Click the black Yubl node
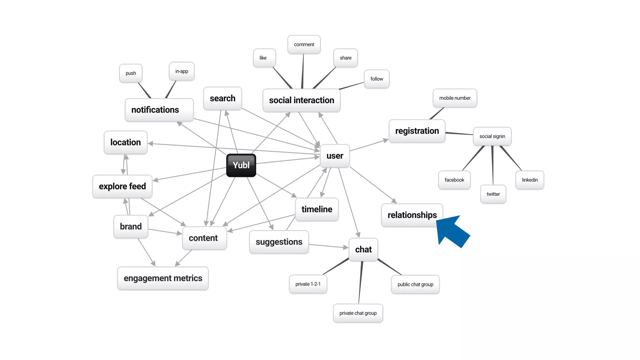(241, 165)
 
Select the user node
(335, 156)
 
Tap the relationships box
(412, 215)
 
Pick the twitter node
(493, 194)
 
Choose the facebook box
(454, 180)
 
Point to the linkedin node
(530, 180)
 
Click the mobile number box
(455, 98)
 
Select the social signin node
(492, 136)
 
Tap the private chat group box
(358, 313)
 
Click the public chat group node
(415, 284)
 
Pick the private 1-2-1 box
(308, 284)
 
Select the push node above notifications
(131, 73)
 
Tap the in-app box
(182, 71)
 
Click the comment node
(304, 44)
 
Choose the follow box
(377, 79)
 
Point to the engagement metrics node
(163, 278)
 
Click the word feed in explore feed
(137, 186)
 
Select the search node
(222, 98)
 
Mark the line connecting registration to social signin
(459, 134)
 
